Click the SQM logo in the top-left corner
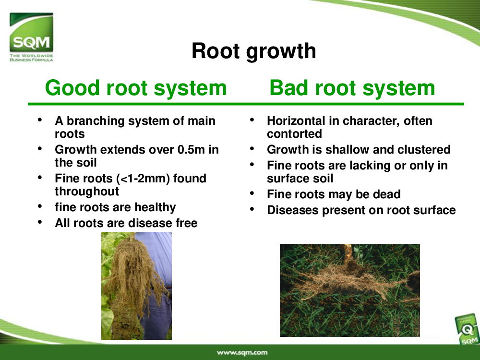click(31, 37)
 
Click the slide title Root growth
click(254, 51)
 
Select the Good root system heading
click(136, 88)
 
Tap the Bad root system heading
click(352, 88)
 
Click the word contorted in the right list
click(295, 134)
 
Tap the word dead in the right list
click(387, 194)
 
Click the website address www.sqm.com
click(242, 353)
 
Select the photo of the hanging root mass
click(136, 286)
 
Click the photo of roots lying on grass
click(350, 290)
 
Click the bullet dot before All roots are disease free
click(40, 222)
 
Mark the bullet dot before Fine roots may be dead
click(252, 193)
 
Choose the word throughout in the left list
click(86, 192)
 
